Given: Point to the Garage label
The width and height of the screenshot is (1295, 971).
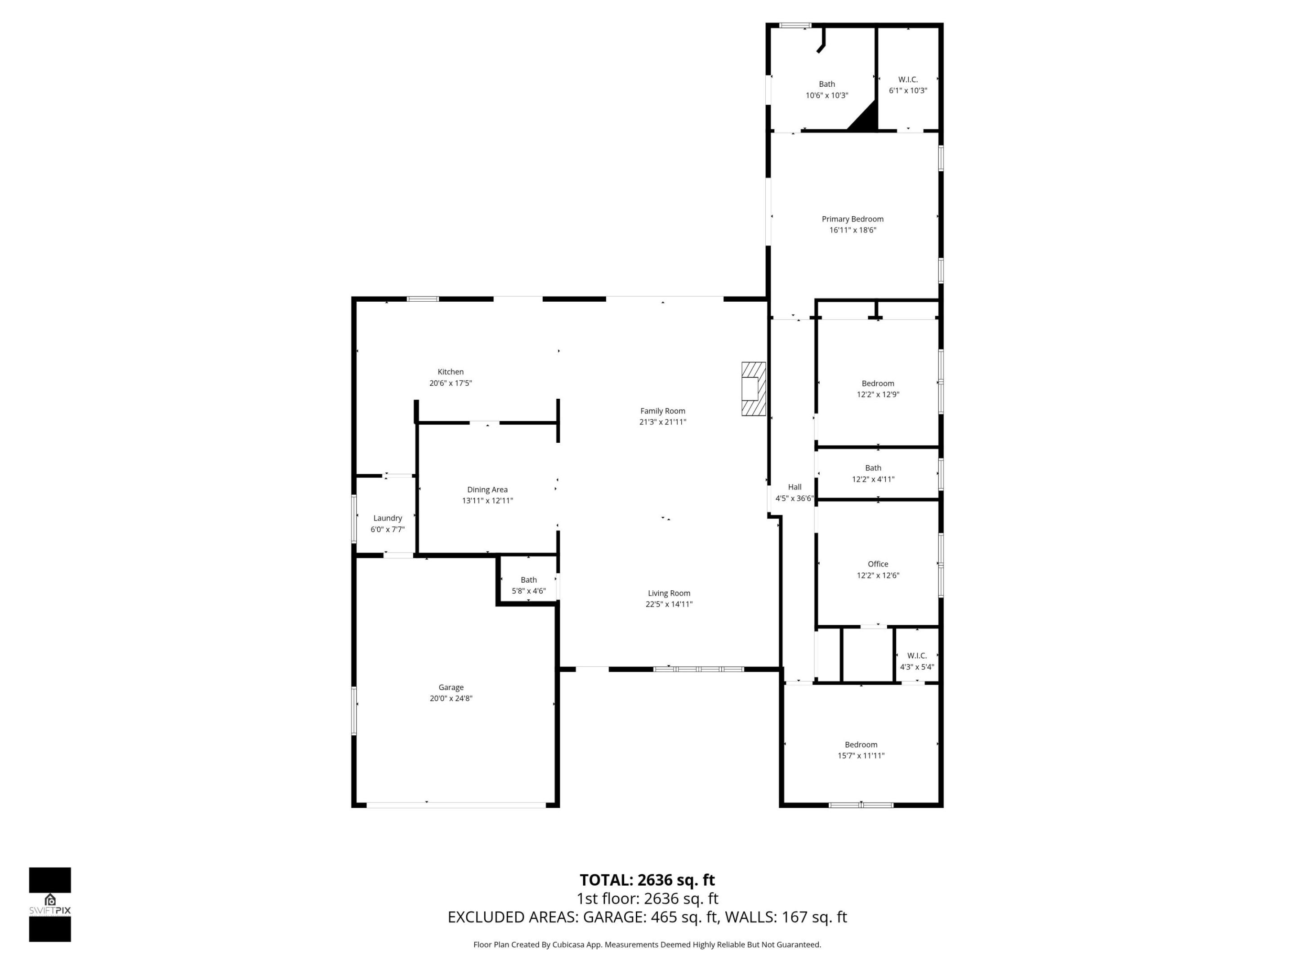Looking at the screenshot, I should [x=451, y=687].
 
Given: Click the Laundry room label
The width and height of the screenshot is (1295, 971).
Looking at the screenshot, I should [x=388, y=518].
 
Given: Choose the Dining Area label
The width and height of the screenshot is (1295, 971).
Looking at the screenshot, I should [x=487, y=489].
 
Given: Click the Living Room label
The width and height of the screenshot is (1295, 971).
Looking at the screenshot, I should [x=669, y=593].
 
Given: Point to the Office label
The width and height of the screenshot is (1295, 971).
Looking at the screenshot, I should [x=878, y=564].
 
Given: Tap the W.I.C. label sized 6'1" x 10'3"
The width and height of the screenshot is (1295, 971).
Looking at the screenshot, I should [x=907, y=80].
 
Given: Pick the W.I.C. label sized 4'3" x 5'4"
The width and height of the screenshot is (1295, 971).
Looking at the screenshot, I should [x=916, y=655].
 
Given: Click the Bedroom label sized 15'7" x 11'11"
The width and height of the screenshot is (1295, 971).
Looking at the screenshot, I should [x=861, y=744].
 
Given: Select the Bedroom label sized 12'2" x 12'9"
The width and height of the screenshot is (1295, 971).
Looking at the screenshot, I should [x=878, y=383].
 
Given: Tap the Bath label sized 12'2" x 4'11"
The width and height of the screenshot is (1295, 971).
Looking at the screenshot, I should [x=872, y=468].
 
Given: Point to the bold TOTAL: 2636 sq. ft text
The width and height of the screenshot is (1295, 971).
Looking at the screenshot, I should [x=647, y=880].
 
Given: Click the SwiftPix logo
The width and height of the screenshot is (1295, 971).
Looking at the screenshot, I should [x=50, y=905].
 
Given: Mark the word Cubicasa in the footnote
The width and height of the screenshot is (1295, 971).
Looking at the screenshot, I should [x=566, y=944].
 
